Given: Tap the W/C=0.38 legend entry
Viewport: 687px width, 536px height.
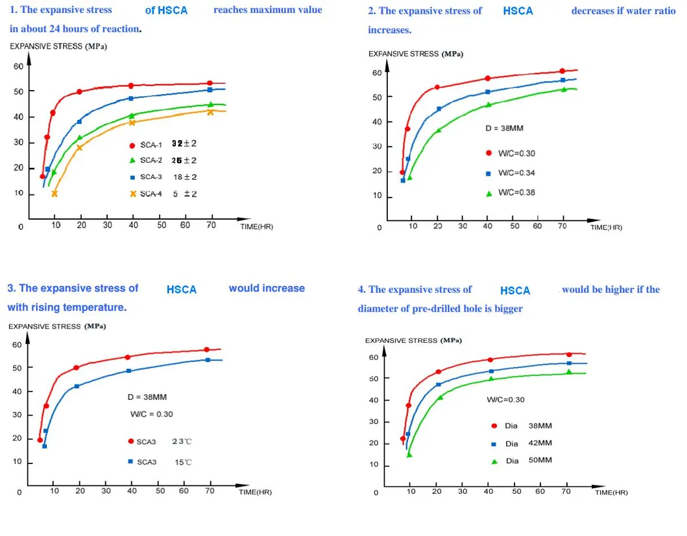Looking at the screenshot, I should click(516, 192).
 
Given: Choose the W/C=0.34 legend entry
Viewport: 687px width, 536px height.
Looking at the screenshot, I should click(516, 173).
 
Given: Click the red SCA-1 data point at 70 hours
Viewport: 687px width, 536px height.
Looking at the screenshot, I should click(210, 83).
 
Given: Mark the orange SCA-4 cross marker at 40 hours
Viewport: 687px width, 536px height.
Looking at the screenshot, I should click(132, 122).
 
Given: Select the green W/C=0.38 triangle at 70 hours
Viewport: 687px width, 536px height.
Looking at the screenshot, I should click(564, 89).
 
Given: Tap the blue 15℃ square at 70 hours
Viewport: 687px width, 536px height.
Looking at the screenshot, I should click(208, 360).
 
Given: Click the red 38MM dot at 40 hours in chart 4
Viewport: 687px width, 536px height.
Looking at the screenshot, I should click(490, 360).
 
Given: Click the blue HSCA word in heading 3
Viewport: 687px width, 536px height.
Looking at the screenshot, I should click(181, 290).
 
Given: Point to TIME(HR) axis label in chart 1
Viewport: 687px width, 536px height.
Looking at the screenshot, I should click(256, 226).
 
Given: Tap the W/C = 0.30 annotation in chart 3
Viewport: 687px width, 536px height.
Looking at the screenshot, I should click(152, 414).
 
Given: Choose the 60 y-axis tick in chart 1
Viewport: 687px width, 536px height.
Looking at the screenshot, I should click(19, 67).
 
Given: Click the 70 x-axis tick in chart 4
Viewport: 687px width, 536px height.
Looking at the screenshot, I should click(564, 491).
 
